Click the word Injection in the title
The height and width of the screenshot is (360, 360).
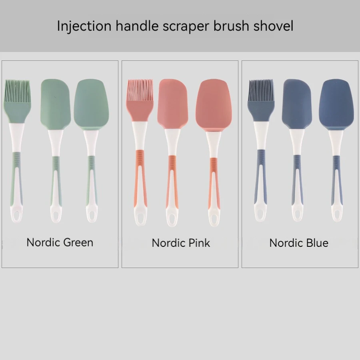[x=84, y=26]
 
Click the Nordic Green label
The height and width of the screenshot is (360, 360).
[x=60, y=242]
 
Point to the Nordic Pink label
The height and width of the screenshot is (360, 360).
[x=181, y=243]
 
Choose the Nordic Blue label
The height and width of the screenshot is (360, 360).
[x=299, y=243]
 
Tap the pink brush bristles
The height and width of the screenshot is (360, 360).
[x=140, y=90]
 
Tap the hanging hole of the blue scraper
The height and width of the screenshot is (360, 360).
[x=297, y=216]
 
